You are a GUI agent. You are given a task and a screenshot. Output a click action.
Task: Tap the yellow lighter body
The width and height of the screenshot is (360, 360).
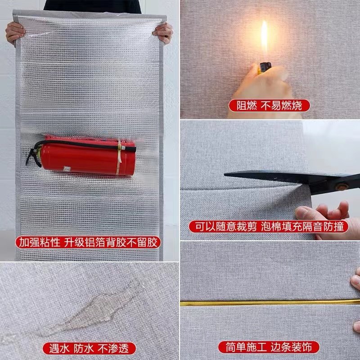coord(264,69)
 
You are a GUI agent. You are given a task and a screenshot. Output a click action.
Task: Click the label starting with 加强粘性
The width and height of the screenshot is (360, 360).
coord(89,243)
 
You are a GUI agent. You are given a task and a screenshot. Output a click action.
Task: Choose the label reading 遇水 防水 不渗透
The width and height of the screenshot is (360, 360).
coord(89,347)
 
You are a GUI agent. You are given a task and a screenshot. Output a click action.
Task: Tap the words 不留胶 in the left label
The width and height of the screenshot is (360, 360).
coord(147,243)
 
